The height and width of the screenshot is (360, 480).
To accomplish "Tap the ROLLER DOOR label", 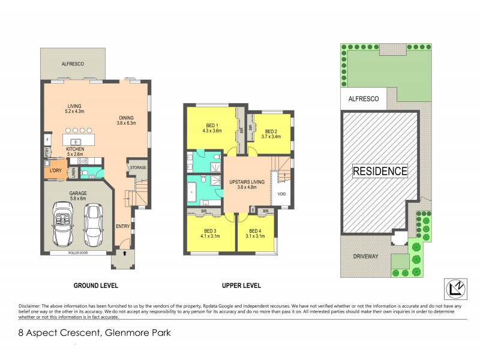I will pyautogui.click(x=78, y=253).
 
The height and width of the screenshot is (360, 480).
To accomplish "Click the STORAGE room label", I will pyautogui.click(x=137, y=167).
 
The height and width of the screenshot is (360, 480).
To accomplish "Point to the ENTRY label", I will pyautogui.click(x=123, y=226).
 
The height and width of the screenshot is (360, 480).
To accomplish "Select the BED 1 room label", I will pyautogui.click(x=212, y=125).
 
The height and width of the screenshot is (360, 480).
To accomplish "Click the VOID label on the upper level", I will pyautogui.click(x=282, y=194).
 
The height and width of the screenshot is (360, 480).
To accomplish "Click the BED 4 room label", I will pyautogui.click(x=255, y=230).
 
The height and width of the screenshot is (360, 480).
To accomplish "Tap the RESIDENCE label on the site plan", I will pyautogui.click(x=380, y=170).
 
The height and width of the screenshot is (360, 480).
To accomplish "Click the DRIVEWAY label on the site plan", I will pyautogui.click(x=361, y=256).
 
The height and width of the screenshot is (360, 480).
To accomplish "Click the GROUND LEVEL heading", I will pyautogui.click(x=95, y=285).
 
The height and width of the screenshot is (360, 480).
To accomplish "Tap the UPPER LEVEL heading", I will pyautogui.click(x=239, y=285).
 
